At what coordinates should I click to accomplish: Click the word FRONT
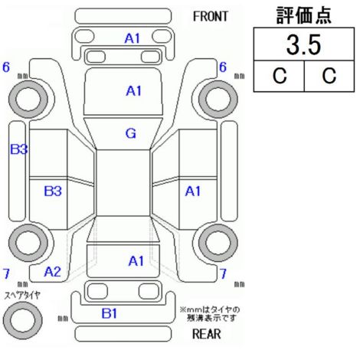coord(210,17)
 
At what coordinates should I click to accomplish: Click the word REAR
coord(206,334)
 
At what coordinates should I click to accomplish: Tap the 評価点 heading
coord(304,15)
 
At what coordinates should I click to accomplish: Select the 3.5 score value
coord(303,45)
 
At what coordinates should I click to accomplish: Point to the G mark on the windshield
coord(131,133)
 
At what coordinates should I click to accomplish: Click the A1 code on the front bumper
coord(133,38)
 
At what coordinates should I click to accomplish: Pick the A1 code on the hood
coord(133,91)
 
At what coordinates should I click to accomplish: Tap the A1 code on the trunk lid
coord(136,261)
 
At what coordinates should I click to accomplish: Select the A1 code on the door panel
coord(193,191)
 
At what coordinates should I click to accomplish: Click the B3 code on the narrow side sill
coord(18,149)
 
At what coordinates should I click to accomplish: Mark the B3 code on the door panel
coord(53,191)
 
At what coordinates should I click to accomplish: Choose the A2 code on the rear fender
coord(52,272)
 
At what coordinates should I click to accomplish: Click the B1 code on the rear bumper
coord(109,313)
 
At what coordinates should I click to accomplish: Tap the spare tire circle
coord(22,320)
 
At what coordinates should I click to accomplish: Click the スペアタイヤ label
coord(22,296)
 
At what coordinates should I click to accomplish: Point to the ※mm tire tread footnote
coord(210,314)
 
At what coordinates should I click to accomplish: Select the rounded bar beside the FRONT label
coord(123,16)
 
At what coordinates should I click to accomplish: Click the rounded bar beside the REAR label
coord(123,333)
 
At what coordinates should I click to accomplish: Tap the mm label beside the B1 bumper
coord(63,319)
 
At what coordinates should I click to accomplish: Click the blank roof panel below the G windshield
coord(123,183)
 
